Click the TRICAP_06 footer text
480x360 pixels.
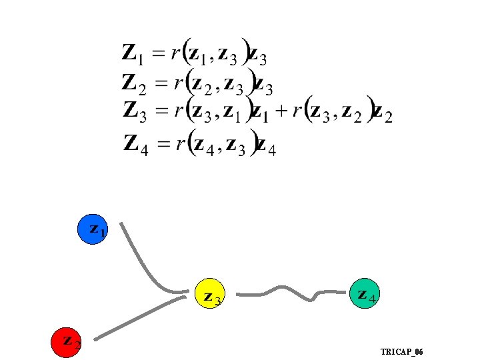[x=401, y=351]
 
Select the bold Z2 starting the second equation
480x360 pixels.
[x=134, y=84]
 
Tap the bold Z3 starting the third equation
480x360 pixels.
[x=135, y=112]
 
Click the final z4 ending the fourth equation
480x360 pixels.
[x=265, y=145]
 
